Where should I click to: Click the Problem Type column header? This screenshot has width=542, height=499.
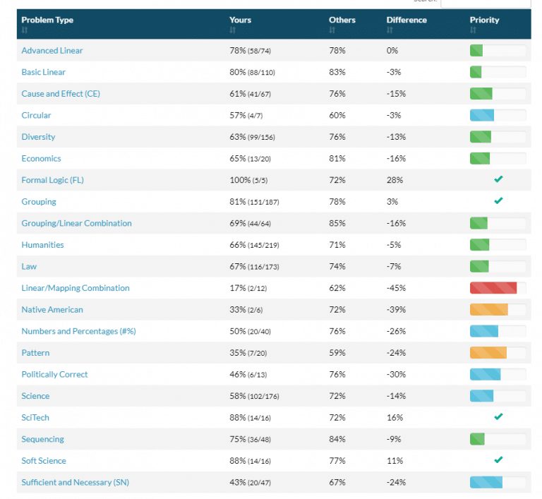point(47,20)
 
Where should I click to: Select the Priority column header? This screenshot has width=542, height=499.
point(484,20)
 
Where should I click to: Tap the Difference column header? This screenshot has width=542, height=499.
point(406,20)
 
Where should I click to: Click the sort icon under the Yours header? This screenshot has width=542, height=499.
point(232,30)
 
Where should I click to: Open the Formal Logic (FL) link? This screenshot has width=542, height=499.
point(53,180)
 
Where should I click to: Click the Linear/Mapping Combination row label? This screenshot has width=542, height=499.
point(76,288)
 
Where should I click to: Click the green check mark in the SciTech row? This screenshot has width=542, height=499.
point(498,417)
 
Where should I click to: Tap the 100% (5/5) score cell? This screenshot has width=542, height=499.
point(250,180)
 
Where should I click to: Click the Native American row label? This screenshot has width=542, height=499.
point(52,310)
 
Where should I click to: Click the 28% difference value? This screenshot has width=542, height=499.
point(393,180)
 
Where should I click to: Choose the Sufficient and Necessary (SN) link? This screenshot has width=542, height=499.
point(76,482)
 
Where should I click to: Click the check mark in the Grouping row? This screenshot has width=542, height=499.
point(498,201)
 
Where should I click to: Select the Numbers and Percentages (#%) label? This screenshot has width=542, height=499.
point(79,331)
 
